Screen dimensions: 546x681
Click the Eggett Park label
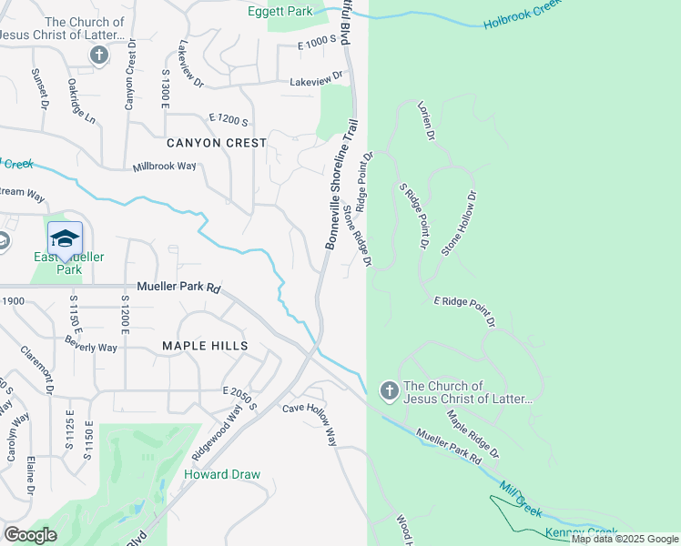click(x=280, y=11)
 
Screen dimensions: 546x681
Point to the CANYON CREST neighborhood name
click(x=217, y=143)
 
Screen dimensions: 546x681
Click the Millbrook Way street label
click(x=165, y=167)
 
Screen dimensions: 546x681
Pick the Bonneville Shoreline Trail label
click(x=338, y=185)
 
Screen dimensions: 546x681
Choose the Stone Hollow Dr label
click(x=458, y=223)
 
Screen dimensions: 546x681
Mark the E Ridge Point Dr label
click(x=463, y=310)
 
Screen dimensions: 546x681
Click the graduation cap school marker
click(x=65, y=238)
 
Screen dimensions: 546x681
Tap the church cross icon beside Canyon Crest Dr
click(x=99, y=56)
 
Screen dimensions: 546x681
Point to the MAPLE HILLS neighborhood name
click(x=205, y=346)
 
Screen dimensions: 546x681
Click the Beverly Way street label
click(x=91, y=345)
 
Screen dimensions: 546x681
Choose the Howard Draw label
click(x=222, y=474)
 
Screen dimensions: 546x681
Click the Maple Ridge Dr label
click(x=473, y=434)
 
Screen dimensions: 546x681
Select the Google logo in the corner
click(x=30, y=535)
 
